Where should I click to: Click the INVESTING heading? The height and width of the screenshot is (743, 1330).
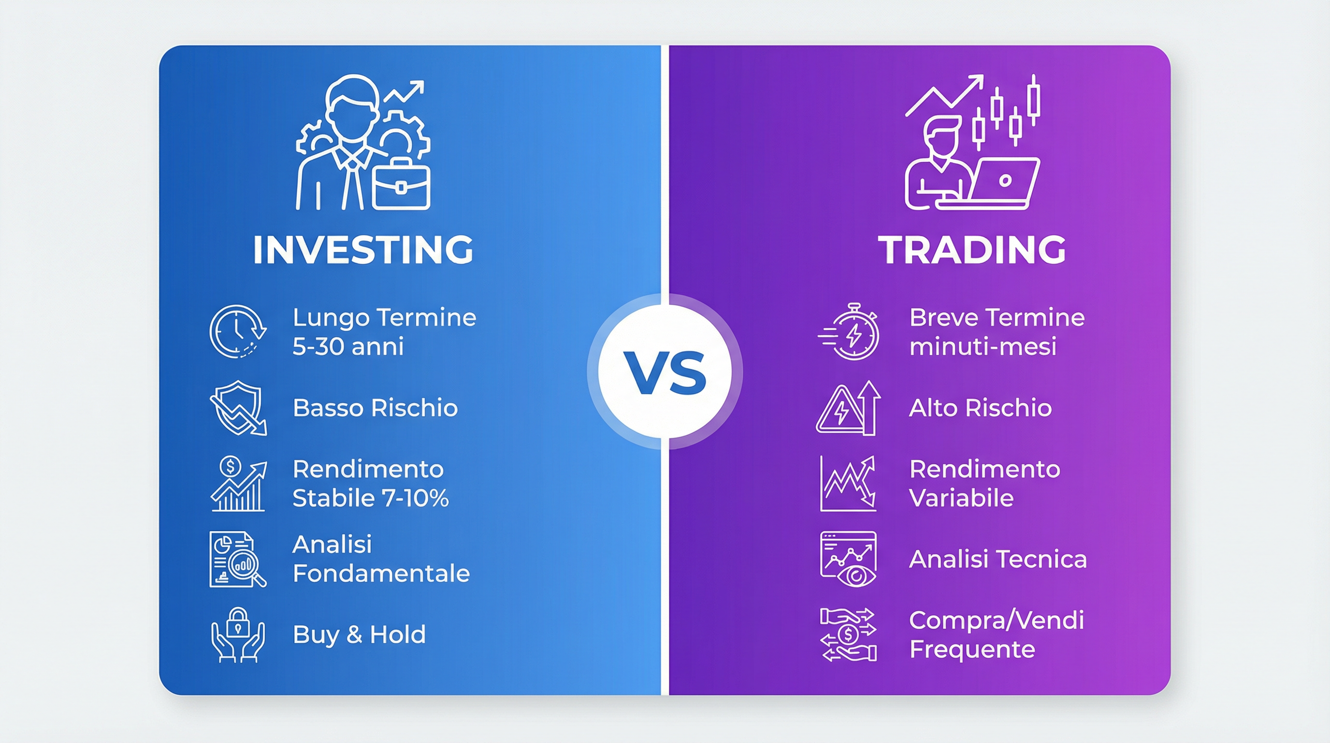coord(363,250)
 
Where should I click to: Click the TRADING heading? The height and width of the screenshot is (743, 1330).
coord(972,250)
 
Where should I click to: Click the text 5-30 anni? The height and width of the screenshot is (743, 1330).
coord(348,346)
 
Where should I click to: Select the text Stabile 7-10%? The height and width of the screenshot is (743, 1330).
coord(370,498)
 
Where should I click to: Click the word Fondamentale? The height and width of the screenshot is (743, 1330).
coord(381,574)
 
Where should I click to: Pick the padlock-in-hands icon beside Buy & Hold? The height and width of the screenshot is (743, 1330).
coord(238,635)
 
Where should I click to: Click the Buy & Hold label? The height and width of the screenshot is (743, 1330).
coord(359,635)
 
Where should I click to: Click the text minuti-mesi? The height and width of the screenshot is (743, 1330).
coord(983,346)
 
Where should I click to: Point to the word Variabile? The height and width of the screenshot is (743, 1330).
coord(961,498)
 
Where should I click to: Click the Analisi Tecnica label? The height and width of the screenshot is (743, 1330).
coord(997,559)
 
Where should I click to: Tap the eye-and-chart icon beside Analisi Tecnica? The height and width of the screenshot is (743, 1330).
coord(848,559)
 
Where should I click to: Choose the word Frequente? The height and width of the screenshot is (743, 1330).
coord(972,649)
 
